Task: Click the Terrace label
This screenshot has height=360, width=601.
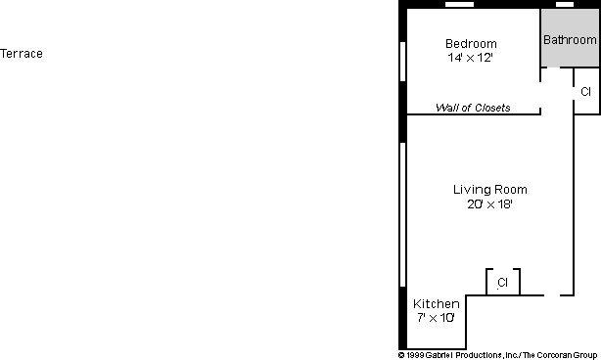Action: [x=22, y=54]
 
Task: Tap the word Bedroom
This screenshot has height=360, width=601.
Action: [x=471, y=44]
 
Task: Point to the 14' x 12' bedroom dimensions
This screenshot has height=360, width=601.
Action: [x=470, y=58]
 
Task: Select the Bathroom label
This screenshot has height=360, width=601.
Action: [x=570, y=40]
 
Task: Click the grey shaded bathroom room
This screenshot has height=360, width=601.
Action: [x=570, y=37]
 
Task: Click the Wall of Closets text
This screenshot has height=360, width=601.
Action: [x=473, y=108]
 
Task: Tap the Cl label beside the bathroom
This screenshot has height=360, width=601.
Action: [x=585, y=92]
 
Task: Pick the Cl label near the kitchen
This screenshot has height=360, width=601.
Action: [x=502, y=283]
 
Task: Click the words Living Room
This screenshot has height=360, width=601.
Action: [x=489, y=190]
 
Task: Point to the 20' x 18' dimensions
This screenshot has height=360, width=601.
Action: [x=489, y=204]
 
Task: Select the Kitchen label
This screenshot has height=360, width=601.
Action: [x=437, y=304]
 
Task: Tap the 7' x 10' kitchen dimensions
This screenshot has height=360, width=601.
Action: [x=436, y=318]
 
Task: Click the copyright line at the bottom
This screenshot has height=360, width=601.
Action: [x=497, y=355]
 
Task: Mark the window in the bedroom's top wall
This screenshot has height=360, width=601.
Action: [x=459, y=5]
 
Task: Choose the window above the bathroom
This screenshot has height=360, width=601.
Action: [x=565, y=5]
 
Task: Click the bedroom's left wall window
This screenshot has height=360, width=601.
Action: [x=402, y=62]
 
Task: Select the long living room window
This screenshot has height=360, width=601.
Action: [x=402, y=214]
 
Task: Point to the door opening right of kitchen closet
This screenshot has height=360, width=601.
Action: [x=552, y=295]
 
